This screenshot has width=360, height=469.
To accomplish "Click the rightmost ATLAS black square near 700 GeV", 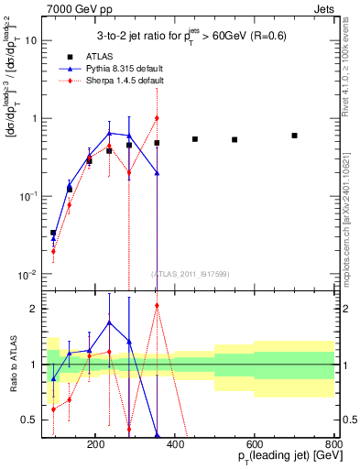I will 294,136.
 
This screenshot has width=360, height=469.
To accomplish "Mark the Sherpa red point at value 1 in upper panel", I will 157,118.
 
